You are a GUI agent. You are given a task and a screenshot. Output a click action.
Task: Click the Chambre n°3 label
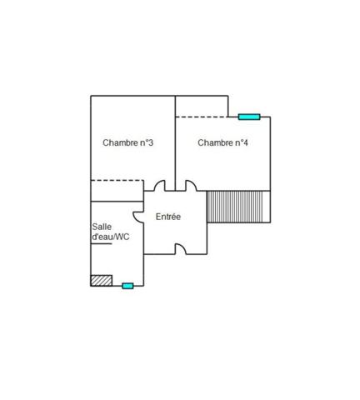(127, 142)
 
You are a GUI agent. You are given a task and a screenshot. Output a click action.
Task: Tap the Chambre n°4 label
(222, 142)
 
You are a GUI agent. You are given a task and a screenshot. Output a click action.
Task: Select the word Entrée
(168, 217)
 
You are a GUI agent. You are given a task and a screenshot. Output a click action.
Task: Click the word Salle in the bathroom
(102, 227)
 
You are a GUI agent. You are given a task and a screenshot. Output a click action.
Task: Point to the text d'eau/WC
(111, 237)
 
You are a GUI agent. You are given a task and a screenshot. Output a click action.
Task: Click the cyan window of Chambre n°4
(249, 117)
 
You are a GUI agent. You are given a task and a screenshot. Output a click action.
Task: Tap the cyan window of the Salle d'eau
(127, 286)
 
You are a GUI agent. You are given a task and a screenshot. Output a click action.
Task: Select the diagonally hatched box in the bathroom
(102, 281)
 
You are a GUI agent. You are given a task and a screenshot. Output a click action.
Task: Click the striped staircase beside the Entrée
(235, 207)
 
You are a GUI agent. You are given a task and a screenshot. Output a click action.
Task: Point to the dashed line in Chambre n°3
(117, 181)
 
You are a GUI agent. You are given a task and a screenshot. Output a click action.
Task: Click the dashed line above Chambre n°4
(202, 117)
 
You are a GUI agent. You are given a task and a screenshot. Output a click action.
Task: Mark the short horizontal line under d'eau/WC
(102, 244)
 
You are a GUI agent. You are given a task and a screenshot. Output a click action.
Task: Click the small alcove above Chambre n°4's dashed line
(202, 107)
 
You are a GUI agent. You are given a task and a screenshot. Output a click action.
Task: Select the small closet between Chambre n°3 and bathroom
(117, 191)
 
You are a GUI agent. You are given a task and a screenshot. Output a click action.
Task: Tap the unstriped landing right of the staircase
(267, 207)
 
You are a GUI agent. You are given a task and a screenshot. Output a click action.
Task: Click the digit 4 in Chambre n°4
(246, 142)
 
